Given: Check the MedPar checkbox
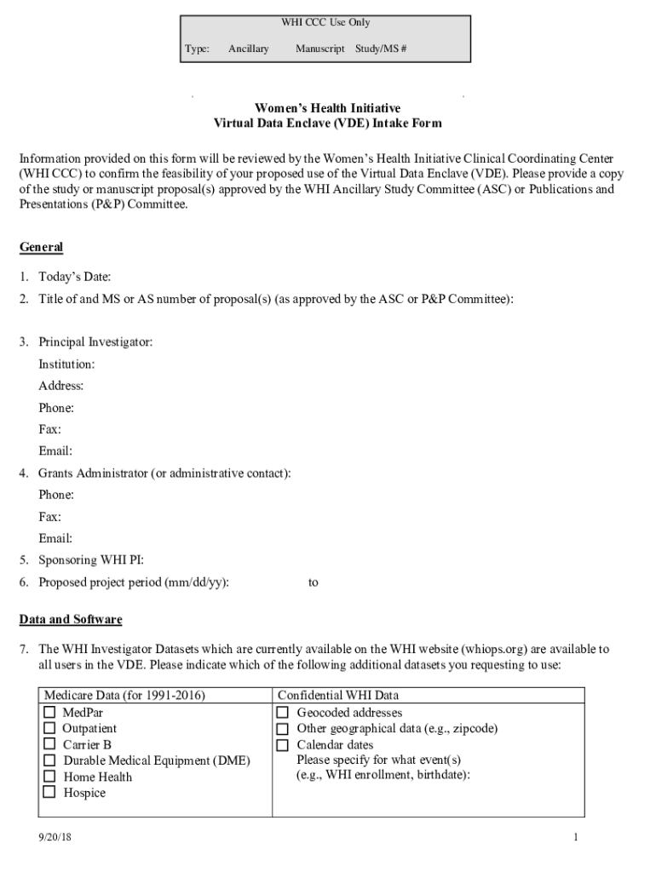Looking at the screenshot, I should tap(49, 712).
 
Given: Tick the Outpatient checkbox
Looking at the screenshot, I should tap(49, 728).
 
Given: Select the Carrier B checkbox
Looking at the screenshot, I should tap(49, 744).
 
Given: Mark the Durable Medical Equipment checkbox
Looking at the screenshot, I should tap(49, 760).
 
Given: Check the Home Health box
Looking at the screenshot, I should tap(49, 777).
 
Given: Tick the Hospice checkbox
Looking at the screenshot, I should tap(49, 793).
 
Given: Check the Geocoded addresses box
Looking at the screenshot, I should tap(283, 712).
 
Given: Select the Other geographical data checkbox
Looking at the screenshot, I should tap(283, 728).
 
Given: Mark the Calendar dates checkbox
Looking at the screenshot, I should tap(283, 744).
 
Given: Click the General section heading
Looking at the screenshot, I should tap(41, 247).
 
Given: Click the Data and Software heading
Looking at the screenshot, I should tap(71, 619).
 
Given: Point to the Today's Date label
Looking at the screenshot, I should tap(74, 277).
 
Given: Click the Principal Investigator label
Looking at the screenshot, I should tap(95, 342).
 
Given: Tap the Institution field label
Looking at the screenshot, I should tap(66, 364).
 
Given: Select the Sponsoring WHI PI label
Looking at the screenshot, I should tap(91, 560).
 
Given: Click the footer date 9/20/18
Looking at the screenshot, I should tap(55, 838).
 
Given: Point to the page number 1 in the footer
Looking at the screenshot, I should tap(576, 838).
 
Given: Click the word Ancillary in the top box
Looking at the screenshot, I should tap(248, 49).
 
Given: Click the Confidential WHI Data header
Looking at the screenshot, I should tap(338, 696).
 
